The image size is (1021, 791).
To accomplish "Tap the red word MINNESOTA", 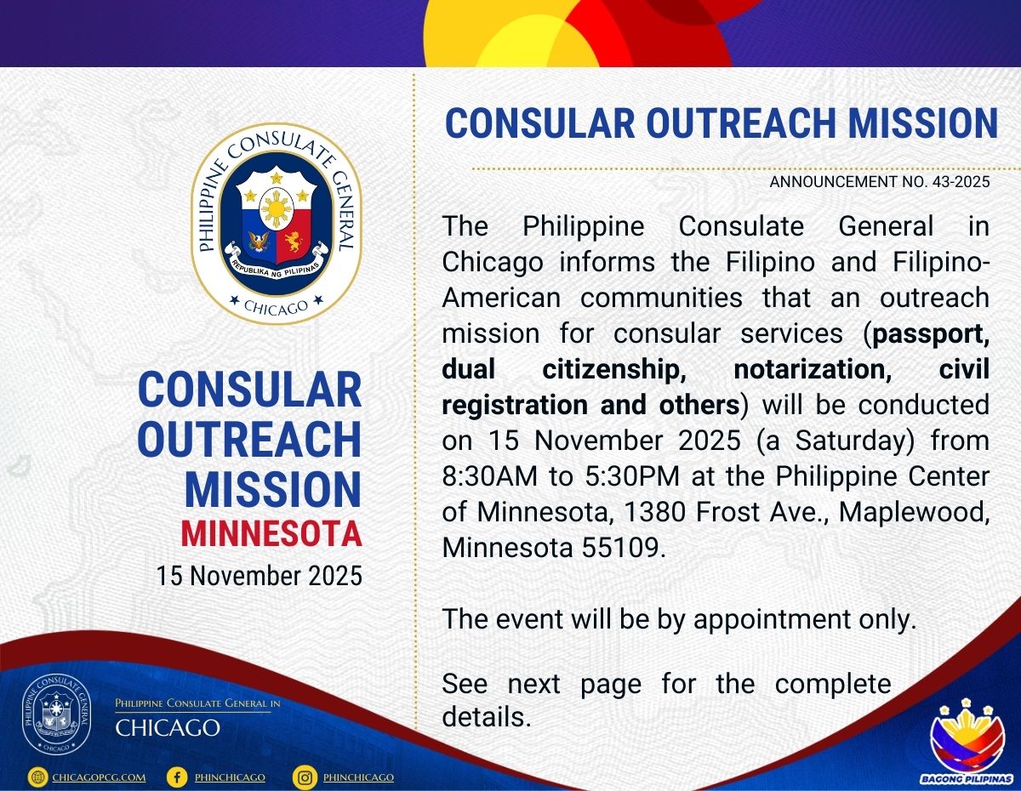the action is (271, 533).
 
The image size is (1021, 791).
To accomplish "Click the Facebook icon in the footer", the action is (177, 777).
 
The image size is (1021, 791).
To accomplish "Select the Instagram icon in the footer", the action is (305, 777).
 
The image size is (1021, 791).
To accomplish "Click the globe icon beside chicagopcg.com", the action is (37, 777).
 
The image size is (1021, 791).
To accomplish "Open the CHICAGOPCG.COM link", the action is (99, 777).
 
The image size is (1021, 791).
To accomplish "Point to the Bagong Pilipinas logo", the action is (967, 743).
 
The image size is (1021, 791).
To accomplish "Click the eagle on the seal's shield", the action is (259, 242).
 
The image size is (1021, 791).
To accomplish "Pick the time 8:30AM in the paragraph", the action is (489, 475).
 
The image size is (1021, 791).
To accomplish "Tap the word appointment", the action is (772, 620).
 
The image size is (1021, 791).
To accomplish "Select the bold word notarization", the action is (813, 370).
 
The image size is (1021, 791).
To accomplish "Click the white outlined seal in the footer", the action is (57, 716).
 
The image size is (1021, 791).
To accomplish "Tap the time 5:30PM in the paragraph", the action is (632, 475).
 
